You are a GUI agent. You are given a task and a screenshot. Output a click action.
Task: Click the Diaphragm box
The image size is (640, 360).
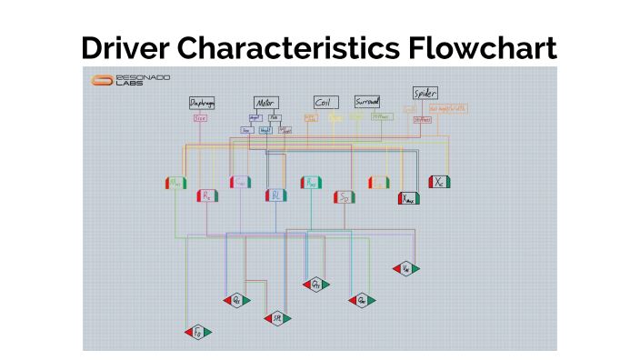(201, 103)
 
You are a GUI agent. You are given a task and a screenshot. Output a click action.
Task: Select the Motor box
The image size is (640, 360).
(265, 103)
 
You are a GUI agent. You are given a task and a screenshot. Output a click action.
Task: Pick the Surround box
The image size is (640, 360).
(367, 102)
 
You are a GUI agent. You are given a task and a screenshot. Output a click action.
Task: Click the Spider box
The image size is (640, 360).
(425, 93)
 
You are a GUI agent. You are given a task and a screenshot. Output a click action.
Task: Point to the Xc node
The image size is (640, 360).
(440, 181)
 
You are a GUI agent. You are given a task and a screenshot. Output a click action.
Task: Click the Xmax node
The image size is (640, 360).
(409, 197)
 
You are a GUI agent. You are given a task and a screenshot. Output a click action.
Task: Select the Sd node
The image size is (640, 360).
(344, 196)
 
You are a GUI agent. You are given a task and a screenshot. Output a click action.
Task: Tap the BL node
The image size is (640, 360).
(275, 195)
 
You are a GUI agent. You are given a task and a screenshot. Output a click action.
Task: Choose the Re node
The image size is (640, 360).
(207, 195)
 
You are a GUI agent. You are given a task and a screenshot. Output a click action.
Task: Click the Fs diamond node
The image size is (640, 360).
(197, 332)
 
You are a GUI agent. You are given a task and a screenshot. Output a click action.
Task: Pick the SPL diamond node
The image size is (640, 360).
(276, 318)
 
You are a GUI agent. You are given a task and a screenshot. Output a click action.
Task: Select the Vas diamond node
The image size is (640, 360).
(405, 268)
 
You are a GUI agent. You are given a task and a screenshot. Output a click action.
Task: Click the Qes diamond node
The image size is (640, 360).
(236, 300)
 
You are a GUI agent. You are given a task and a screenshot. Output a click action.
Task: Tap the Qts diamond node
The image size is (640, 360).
(315, 285)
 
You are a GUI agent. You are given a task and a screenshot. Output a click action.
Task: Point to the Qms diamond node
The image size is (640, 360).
(361, 300)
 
